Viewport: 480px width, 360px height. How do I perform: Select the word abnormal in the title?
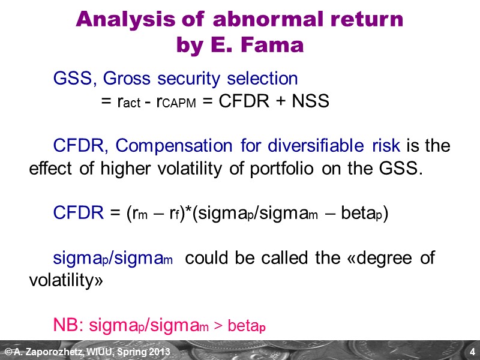click(x=250, y=20)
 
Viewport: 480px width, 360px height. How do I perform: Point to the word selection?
click(x=263, y=79)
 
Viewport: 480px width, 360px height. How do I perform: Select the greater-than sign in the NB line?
click(x=218, y=326)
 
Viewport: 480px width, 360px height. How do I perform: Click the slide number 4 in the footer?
click(x=472, y=351)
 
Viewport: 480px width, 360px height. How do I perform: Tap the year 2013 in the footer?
click(x=158, y=351)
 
